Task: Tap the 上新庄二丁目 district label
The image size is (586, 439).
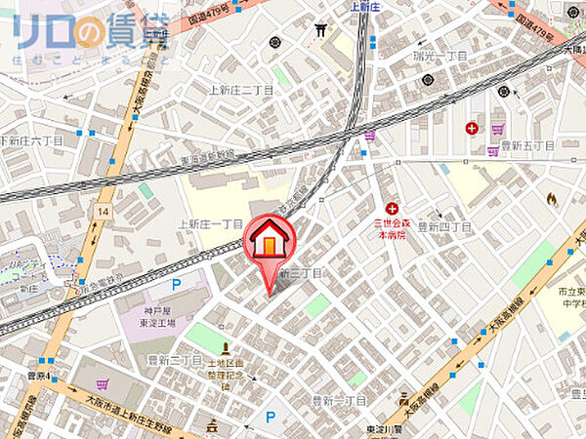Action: point(242,91)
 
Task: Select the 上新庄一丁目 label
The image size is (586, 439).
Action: point(210,223)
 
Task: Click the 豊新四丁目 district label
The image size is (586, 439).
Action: point(444,226)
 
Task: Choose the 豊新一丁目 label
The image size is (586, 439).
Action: point(339,401)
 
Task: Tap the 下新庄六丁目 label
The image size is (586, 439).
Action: point(31,140)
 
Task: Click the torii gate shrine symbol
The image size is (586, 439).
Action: point(320,29)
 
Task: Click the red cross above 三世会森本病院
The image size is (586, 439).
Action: point(392,209)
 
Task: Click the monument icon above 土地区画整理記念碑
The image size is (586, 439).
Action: point(226,348)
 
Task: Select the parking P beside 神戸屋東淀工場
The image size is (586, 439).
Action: point(177,285)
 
